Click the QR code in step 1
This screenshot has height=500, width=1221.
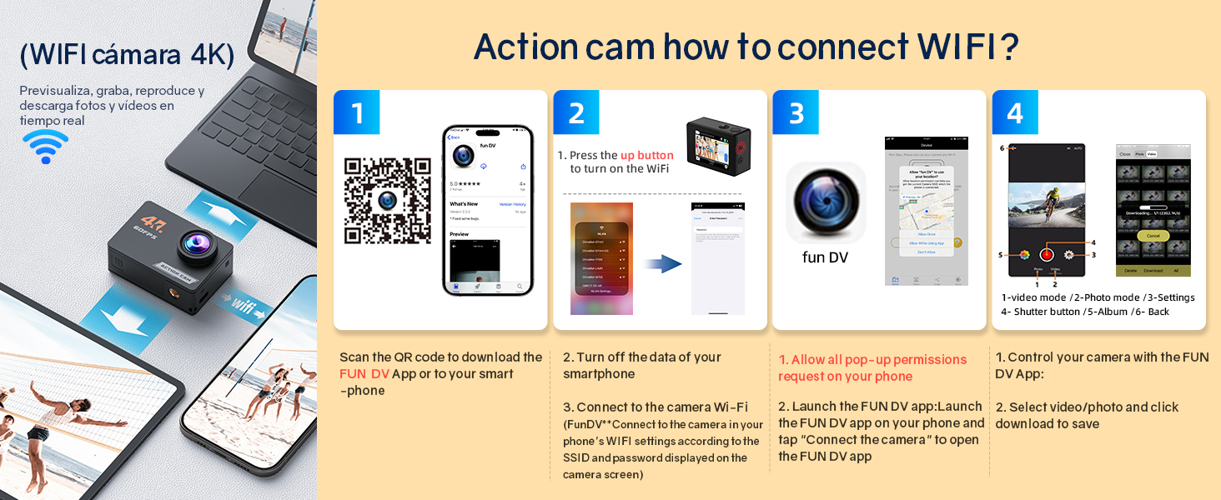388,201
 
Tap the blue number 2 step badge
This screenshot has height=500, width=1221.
576,112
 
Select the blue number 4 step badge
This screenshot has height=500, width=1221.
1015,112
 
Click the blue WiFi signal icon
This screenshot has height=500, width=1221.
45,147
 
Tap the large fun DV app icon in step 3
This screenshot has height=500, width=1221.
826,202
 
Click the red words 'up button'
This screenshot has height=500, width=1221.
646,155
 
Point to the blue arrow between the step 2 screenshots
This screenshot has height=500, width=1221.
663,264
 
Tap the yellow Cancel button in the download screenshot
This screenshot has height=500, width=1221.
1153,236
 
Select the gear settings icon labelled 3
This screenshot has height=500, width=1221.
1070,255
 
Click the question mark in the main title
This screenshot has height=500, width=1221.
1009,48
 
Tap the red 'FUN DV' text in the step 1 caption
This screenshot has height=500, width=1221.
364,374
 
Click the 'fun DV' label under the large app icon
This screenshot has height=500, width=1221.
825,257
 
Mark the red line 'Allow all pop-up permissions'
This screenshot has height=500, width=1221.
872,360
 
